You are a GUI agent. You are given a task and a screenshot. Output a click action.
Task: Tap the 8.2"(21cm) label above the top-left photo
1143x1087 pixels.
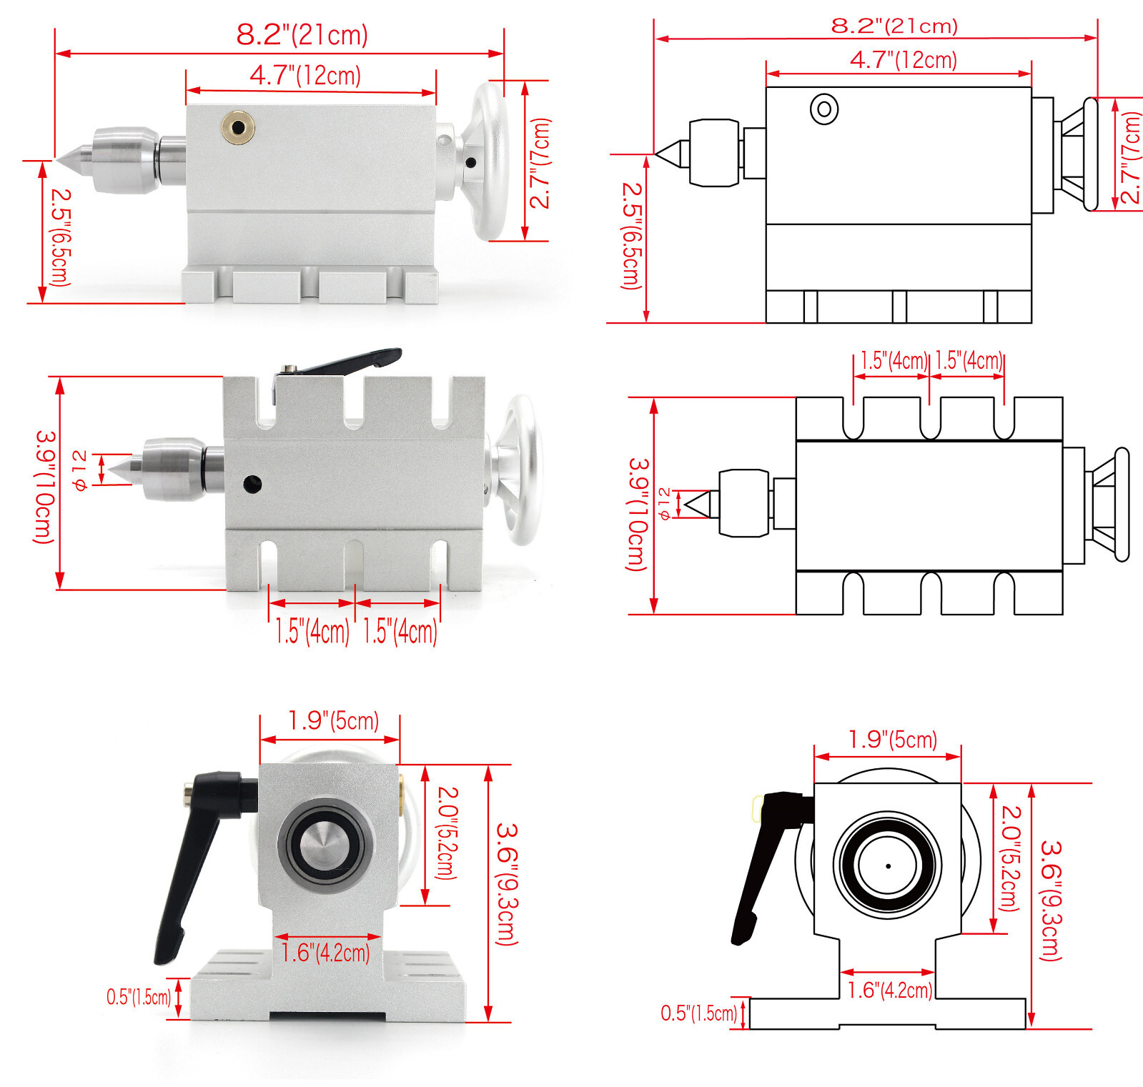[302, 34]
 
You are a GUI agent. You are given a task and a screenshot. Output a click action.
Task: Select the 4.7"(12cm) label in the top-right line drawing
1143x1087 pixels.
[903, 59]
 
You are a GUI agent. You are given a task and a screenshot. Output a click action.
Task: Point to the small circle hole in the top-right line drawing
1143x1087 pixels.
[824, 109]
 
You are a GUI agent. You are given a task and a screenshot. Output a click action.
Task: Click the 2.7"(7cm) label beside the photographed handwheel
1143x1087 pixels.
[540, 163]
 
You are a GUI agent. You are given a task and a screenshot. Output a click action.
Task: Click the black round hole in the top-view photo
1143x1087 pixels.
[252, 484]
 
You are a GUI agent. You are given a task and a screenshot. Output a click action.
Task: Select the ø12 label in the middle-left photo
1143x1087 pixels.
[80, 470]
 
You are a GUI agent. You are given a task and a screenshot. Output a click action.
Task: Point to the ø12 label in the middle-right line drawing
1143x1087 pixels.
[664, 503]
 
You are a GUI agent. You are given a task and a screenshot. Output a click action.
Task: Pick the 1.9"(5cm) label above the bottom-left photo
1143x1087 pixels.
[333, 720]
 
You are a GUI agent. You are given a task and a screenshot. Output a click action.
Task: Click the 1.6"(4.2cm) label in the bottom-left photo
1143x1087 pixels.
[325, 953]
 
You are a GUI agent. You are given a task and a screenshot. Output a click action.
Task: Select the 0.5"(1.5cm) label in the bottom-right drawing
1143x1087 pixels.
[698, 1013]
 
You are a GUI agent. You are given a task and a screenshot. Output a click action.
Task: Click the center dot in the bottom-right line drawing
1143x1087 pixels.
[888, 865]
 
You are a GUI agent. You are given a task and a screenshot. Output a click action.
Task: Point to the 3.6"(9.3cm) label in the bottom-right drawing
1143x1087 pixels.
[1050, 900]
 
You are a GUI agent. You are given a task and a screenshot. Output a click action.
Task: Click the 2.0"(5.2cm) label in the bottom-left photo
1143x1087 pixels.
[446, 833]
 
